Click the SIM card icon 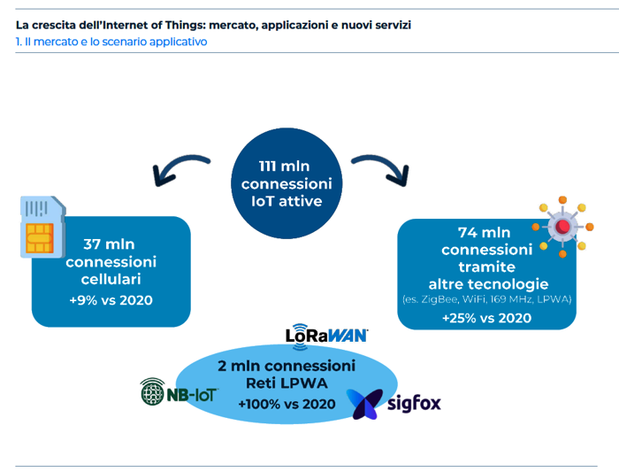[x=42, y=227]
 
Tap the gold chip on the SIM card [x=40, y=238]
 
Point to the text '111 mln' [x=284, y=166]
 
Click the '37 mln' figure [x=109, y=244]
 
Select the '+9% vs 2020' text [x=111, y=300]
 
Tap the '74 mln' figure [x=484, y=232]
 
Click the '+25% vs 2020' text [x=486, y=318]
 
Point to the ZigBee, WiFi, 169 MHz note [x=486, y=299]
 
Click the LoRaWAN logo [x=326, y=336]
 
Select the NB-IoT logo [x=180, y=391]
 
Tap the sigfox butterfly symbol [x=364, y=404]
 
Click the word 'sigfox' [x=414, y=403]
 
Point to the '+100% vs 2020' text [x=287, y=404]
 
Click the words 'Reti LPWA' [x=287, y=383]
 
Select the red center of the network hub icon [x=562, y=227]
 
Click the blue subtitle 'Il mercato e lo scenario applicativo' [x=116, y=42]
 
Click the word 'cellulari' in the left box [x=111, y=279]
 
